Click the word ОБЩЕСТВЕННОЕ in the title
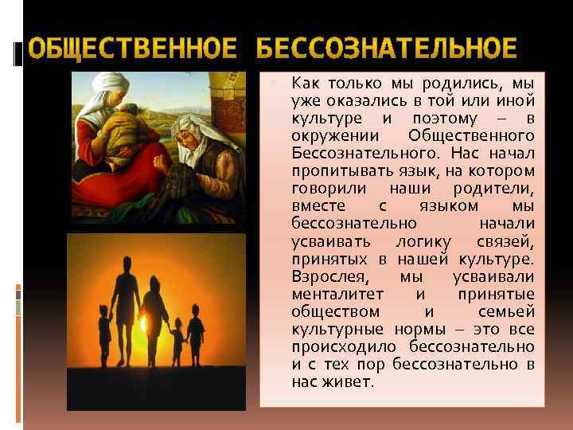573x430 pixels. tap(132, 49)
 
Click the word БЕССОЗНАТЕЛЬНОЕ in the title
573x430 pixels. tap(387, 49)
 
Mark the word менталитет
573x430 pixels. tap(335, 294)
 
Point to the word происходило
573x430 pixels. tap(341, 346)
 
